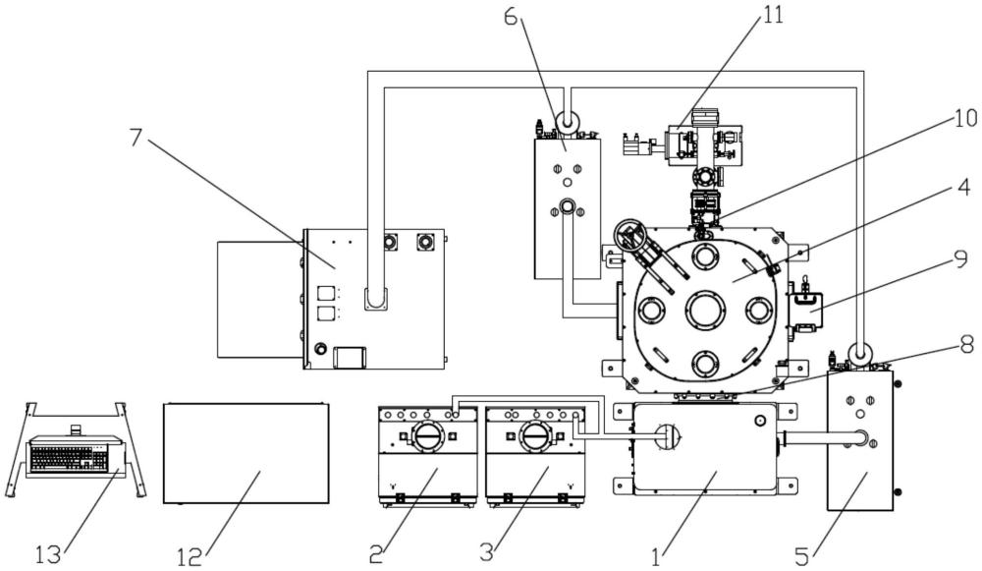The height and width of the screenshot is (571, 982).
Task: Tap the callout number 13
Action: click(x=48, y=554)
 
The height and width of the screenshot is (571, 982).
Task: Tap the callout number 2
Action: click(x=376, y=554)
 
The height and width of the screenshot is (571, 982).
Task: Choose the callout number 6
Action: click(x=512, y=17)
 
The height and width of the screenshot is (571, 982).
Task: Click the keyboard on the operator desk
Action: click(x=69, y=458)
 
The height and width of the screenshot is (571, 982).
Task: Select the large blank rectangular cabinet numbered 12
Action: click(x=246, y=453)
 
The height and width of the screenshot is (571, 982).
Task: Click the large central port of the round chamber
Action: click(x=706, y=310)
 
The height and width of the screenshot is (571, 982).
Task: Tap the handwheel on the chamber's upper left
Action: click(x=631, y=236)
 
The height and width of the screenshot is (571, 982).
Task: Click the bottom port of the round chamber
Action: click(x=706, y=364)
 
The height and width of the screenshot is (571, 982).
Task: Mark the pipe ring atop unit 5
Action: click(x=858, y=353)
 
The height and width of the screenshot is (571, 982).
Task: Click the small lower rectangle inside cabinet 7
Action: click(x=351, y=358)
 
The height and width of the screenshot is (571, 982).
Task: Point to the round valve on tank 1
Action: click(x=668, y=436)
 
